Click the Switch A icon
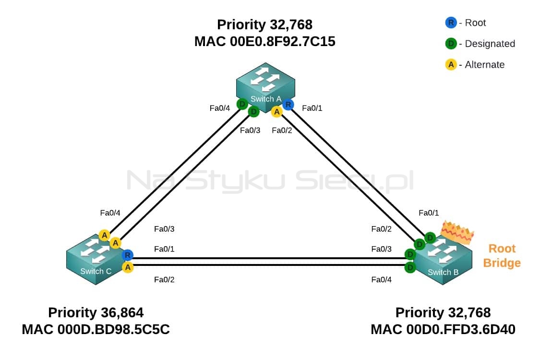[x=265, y=88]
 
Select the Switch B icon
[x=443, y=261]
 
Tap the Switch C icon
[x=95, y=260]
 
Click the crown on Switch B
[x=457, y=232]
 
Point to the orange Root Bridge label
[x=502, y=256]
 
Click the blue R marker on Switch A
[x=288, y=104]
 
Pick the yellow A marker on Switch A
[x=276, y=112]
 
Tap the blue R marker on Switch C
[x=127, y=255]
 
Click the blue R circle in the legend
[x=451, y=23]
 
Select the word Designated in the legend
[x=490, y=44]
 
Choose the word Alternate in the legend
[x=484, y=64]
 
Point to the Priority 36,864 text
[x=96, y=312]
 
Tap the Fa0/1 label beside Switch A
[x=312, y=108]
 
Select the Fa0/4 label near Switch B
[x=381, y=279]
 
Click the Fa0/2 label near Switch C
[x=164, y=279]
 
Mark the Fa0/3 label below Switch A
[x=250, y=130]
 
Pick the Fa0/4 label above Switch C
[x=110, y=213]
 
